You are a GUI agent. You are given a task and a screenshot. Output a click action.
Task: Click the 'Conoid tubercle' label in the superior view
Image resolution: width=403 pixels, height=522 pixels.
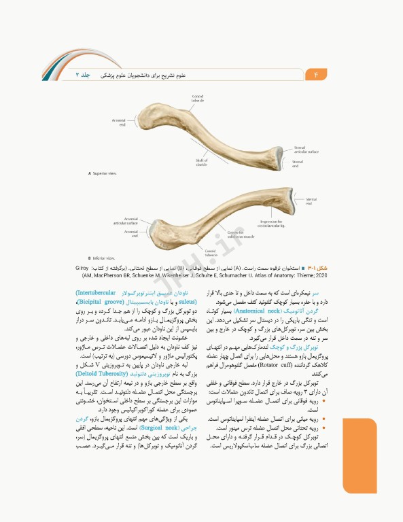(x=197, y=99)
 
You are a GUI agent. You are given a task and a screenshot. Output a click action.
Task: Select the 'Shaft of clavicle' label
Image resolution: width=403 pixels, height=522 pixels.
(x=201, y=162)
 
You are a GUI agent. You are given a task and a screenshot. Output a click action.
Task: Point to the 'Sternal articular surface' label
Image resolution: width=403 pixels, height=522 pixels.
(x=306, y=150)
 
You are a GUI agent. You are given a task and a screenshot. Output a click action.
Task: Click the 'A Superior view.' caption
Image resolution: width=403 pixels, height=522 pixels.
(x=105, y=173)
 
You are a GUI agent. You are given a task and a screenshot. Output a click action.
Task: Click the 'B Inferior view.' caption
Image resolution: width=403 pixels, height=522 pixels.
(x=104, y=258)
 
